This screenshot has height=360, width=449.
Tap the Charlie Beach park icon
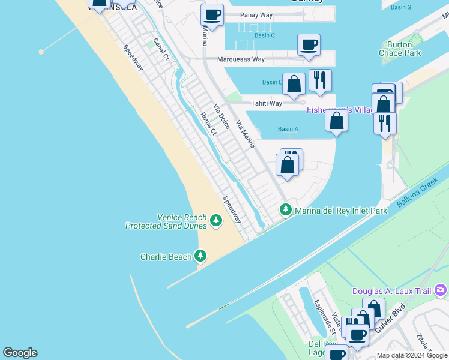click(200, 257)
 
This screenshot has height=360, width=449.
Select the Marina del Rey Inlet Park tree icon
click(286, 210)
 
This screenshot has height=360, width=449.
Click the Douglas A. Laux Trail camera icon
click(441, 291)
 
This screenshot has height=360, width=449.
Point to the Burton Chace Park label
click(400, 49)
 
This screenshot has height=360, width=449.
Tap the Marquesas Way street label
click(241, 59)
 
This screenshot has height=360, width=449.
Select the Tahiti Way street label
click(267, 103)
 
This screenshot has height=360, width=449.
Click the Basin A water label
click(288, 129)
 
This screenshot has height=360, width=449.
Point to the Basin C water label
click(264, 35)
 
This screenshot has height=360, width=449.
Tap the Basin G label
click(400, 7)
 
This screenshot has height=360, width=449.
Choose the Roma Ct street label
click(208, 124)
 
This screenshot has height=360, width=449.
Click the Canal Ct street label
click(161, 50)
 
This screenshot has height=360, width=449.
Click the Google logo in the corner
click(20, 353)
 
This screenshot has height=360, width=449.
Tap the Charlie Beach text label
click(166, 257)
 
